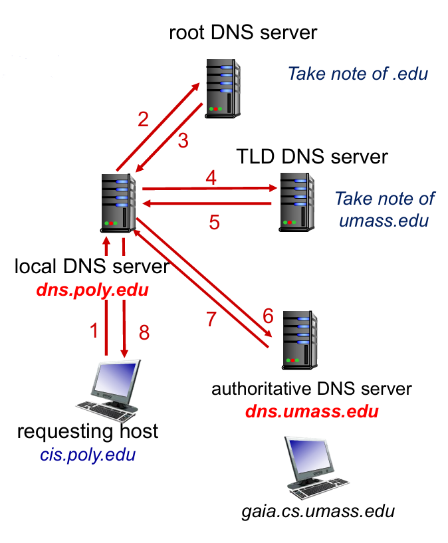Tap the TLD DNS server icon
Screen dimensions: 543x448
pyautogui.click(x=296, y=201)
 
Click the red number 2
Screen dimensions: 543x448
pyautogui.click(x=143, y=120)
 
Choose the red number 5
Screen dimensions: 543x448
pyautogui.click(x=214, y=222)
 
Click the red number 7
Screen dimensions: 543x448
pyautogui.click(x=211, y=319)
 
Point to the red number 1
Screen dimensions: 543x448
pyautogui.click(x=94, y=330)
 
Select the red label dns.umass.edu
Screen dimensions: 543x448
pyautogui.click(x=312, y=411)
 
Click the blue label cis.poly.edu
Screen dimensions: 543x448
pyautogui.click(x=87, y=455)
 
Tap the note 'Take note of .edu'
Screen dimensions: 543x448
pyautogui.click(x=358, y=73)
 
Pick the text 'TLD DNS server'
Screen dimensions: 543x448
pyautogui.click(x=312, y=158)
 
